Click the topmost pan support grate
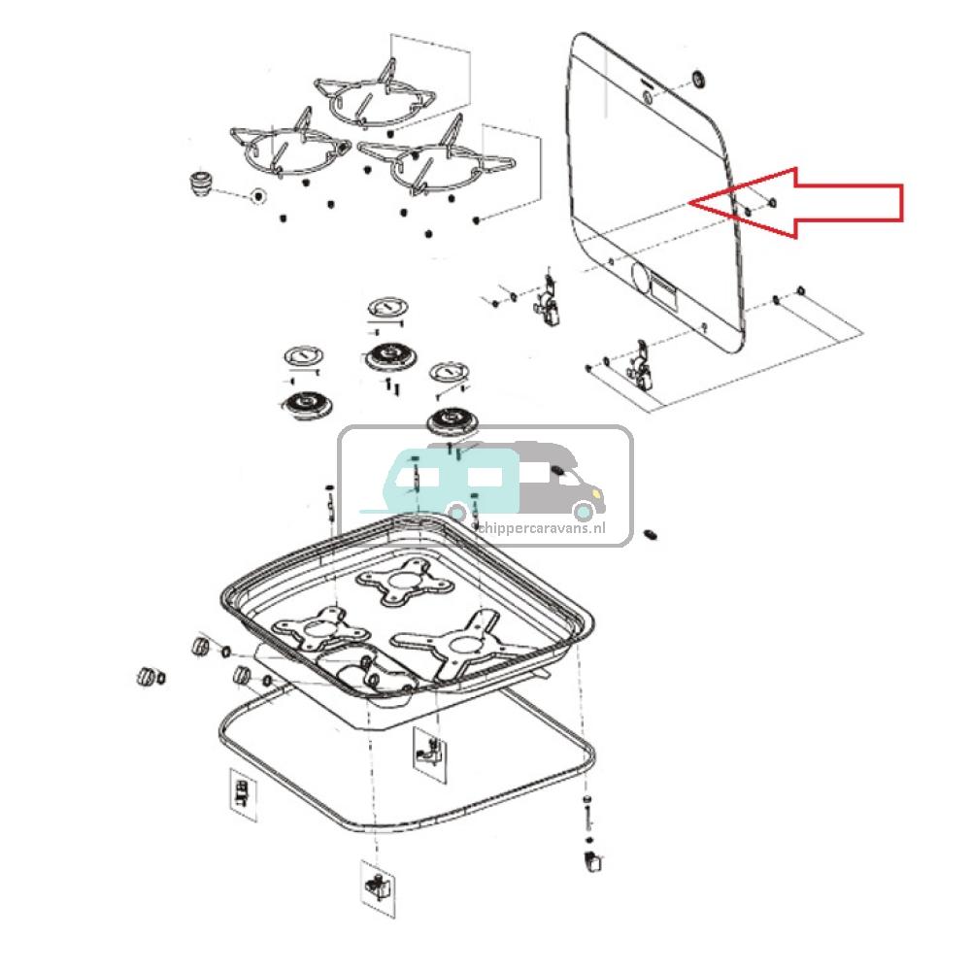374,95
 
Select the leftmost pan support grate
286,151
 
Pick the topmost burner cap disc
387,309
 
